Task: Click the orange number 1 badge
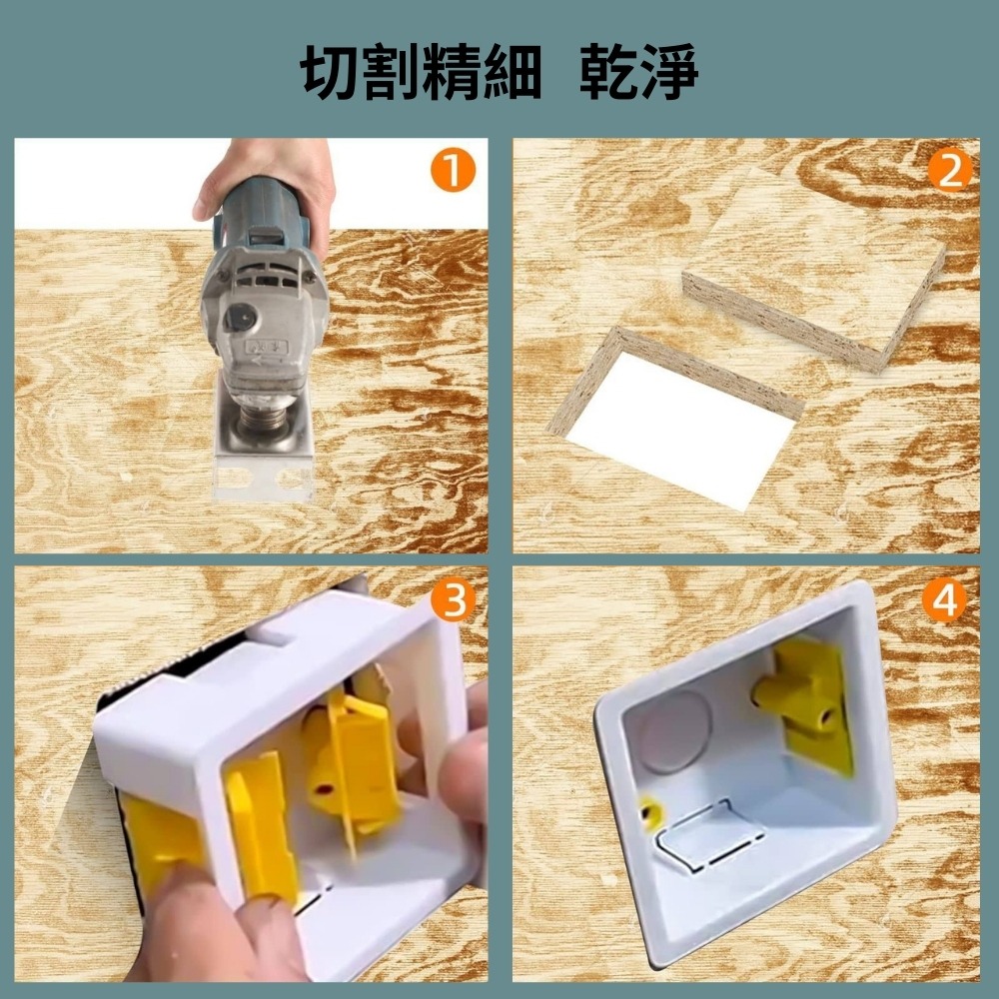click(453, 172)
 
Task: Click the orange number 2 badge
click(949, 172)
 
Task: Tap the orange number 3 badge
click(453, 601)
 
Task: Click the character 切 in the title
click(333, 72)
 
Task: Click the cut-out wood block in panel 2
click(814, 270)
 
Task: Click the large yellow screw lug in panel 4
click(804, 699)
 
